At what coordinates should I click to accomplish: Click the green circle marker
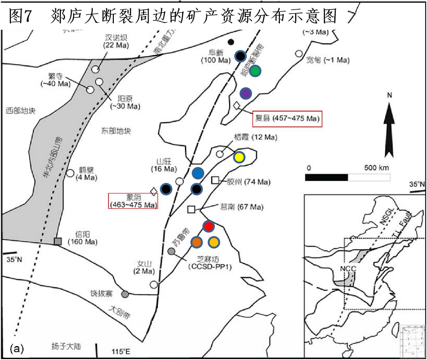point(255,71)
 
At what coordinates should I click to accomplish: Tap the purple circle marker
point(245,93)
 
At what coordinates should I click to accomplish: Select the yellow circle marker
point(239,157)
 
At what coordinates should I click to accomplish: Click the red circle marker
point(208,226)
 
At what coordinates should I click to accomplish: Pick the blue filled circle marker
point(198,173)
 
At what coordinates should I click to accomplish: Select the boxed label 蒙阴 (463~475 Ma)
point(134,201)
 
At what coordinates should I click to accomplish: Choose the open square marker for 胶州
point(215,180)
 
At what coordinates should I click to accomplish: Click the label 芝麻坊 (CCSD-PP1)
point(211,263)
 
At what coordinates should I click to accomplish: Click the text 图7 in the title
point(22,17)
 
